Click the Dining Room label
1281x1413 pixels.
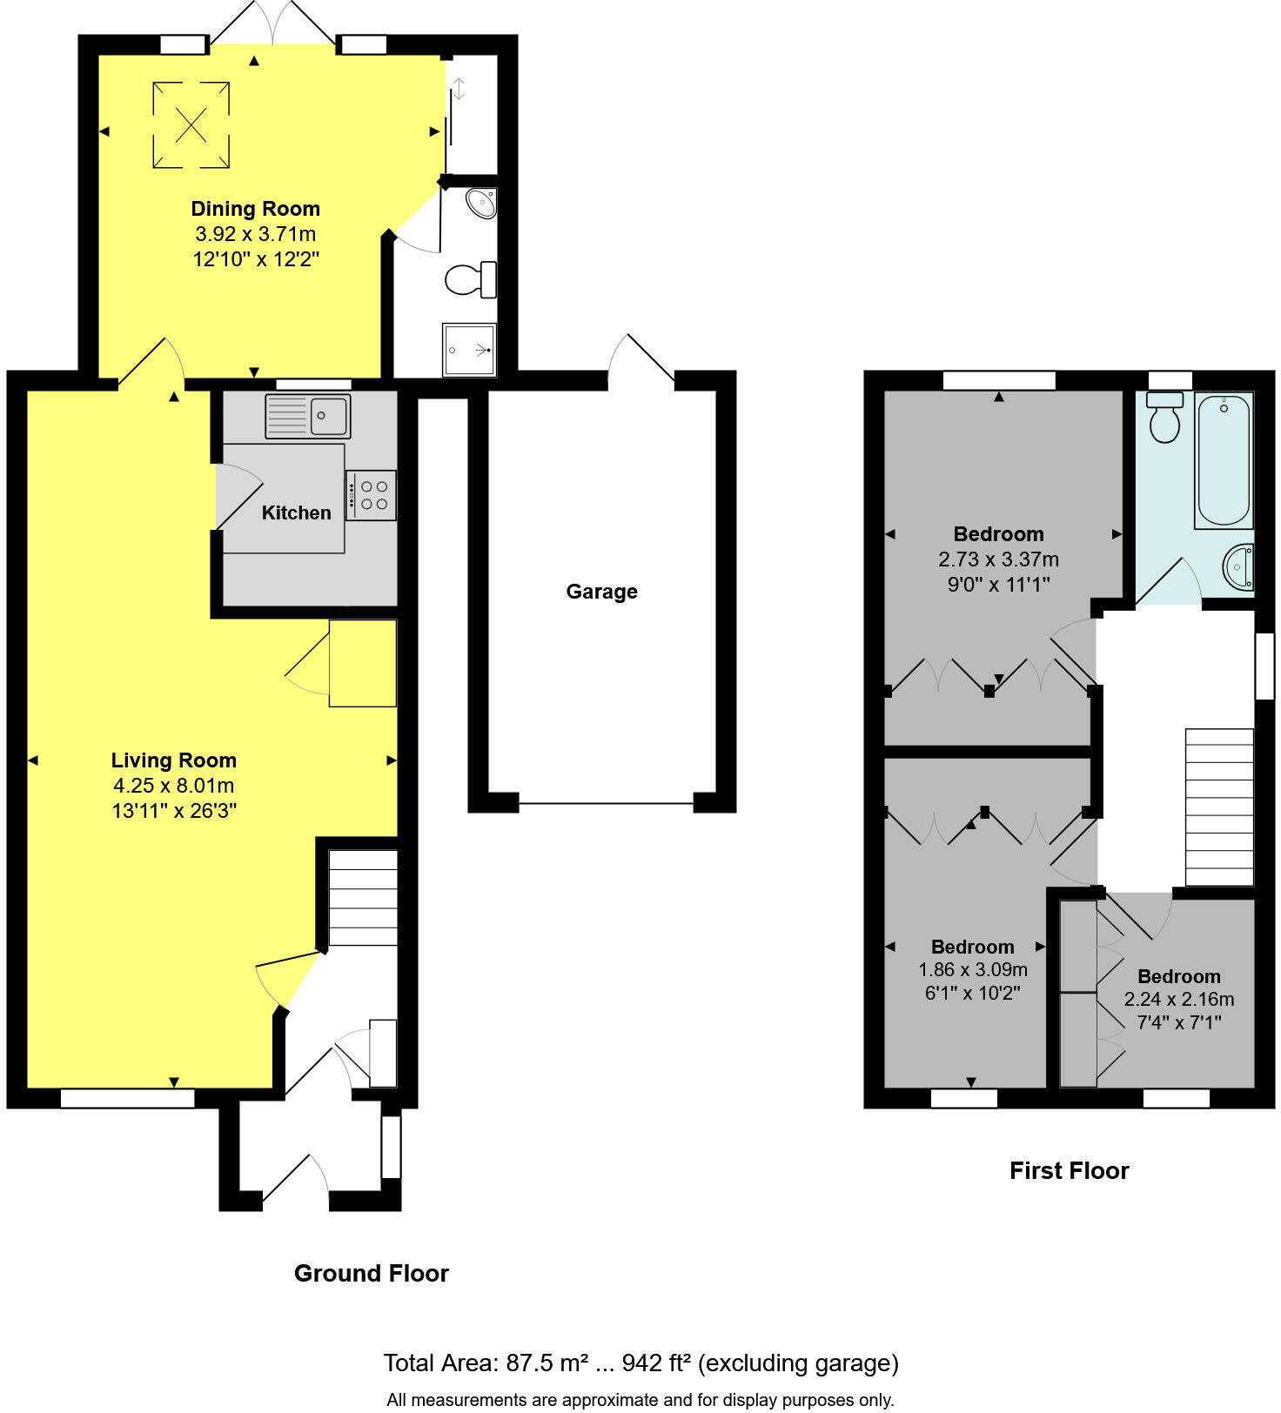255,209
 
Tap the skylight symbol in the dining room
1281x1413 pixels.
191,125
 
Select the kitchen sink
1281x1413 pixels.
307,416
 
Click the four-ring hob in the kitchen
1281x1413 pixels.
372,495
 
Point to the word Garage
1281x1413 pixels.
601,592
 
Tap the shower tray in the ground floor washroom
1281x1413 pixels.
469,350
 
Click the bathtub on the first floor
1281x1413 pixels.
1224,460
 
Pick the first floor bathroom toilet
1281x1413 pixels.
1164,418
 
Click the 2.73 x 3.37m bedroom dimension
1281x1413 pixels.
998,559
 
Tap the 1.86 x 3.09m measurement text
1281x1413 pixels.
973,969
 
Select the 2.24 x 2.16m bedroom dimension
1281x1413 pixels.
1178,1000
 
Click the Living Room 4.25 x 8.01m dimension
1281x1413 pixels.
173,786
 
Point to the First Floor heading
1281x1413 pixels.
1069,1170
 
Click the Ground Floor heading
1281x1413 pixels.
372,1273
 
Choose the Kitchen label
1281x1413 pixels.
296,513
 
